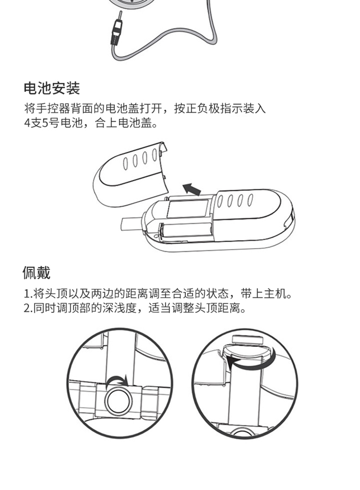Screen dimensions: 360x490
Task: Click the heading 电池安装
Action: [52, 88]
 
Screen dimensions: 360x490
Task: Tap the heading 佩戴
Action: [36, 272]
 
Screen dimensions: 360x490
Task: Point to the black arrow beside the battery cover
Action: [191, 189]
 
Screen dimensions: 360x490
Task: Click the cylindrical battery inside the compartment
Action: [186, 231]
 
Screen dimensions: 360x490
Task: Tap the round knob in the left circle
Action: [118, 401]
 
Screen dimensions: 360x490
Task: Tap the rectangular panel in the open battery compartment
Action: [189, 209]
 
